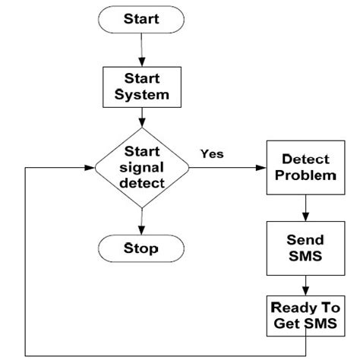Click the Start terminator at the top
(x=141, y=17)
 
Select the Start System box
(x=141, y=87)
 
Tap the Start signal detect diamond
(x=141, y=167)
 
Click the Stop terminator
(x=141, y=248)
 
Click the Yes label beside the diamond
(x=212, y=153)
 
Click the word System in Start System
(x=141, y=95)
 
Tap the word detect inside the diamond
(x=141, y=182)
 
